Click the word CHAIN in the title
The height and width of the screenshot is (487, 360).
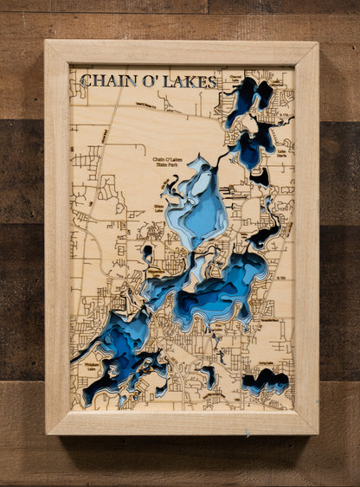(105, 81)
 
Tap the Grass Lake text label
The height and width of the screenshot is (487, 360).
(158, 207)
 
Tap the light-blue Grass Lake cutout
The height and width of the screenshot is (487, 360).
(200, 208)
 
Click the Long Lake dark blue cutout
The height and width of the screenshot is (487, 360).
(265, 381)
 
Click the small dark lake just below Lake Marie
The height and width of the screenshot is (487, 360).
(259, 176)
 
